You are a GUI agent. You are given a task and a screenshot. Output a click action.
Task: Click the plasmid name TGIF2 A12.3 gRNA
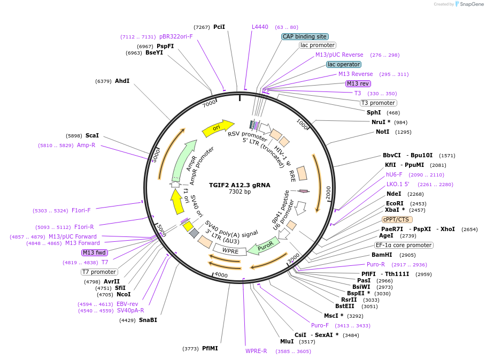click(240, 185)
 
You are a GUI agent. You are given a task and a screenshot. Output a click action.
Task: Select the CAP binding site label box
click(304, 37)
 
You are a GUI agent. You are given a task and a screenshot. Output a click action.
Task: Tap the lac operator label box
click(344, 64)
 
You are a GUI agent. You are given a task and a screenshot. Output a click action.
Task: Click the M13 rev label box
click(358, 83)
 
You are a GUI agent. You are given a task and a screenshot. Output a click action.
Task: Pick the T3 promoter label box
click(378, 103)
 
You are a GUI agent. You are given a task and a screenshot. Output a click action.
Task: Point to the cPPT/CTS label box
click(397, 219)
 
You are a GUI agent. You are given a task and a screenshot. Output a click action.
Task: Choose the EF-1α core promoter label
click(404, 246)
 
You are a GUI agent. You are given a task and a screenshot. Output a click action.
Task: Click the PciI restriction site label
click(219, 27)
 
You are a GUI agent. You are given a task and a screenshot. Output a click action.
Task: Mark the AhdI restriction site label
click(122, 81)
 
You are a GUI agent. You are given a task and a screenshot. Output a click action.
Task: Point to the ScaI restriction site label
click(92, 136)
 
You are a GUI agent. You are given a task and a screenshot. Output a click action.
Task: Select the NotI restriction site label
click(382, 132)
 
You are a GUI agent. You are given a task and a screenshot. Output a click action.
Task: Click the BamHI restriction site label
click(382, 255)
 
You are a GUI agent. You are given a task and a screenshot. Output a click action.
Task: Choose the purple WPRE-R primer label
click(256, 351)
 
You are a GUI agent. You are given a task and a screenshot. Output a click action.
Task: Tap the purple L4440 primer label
click(260, 27)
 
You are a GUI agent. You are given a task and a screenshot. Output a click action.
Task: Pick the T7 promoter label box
click(99, 272)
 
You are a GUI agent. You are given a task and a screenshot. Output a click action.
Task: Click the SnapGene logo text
click(472, 4)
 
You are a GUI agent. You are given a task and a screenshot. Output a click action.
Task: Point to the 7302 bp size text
click(240, 192)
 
